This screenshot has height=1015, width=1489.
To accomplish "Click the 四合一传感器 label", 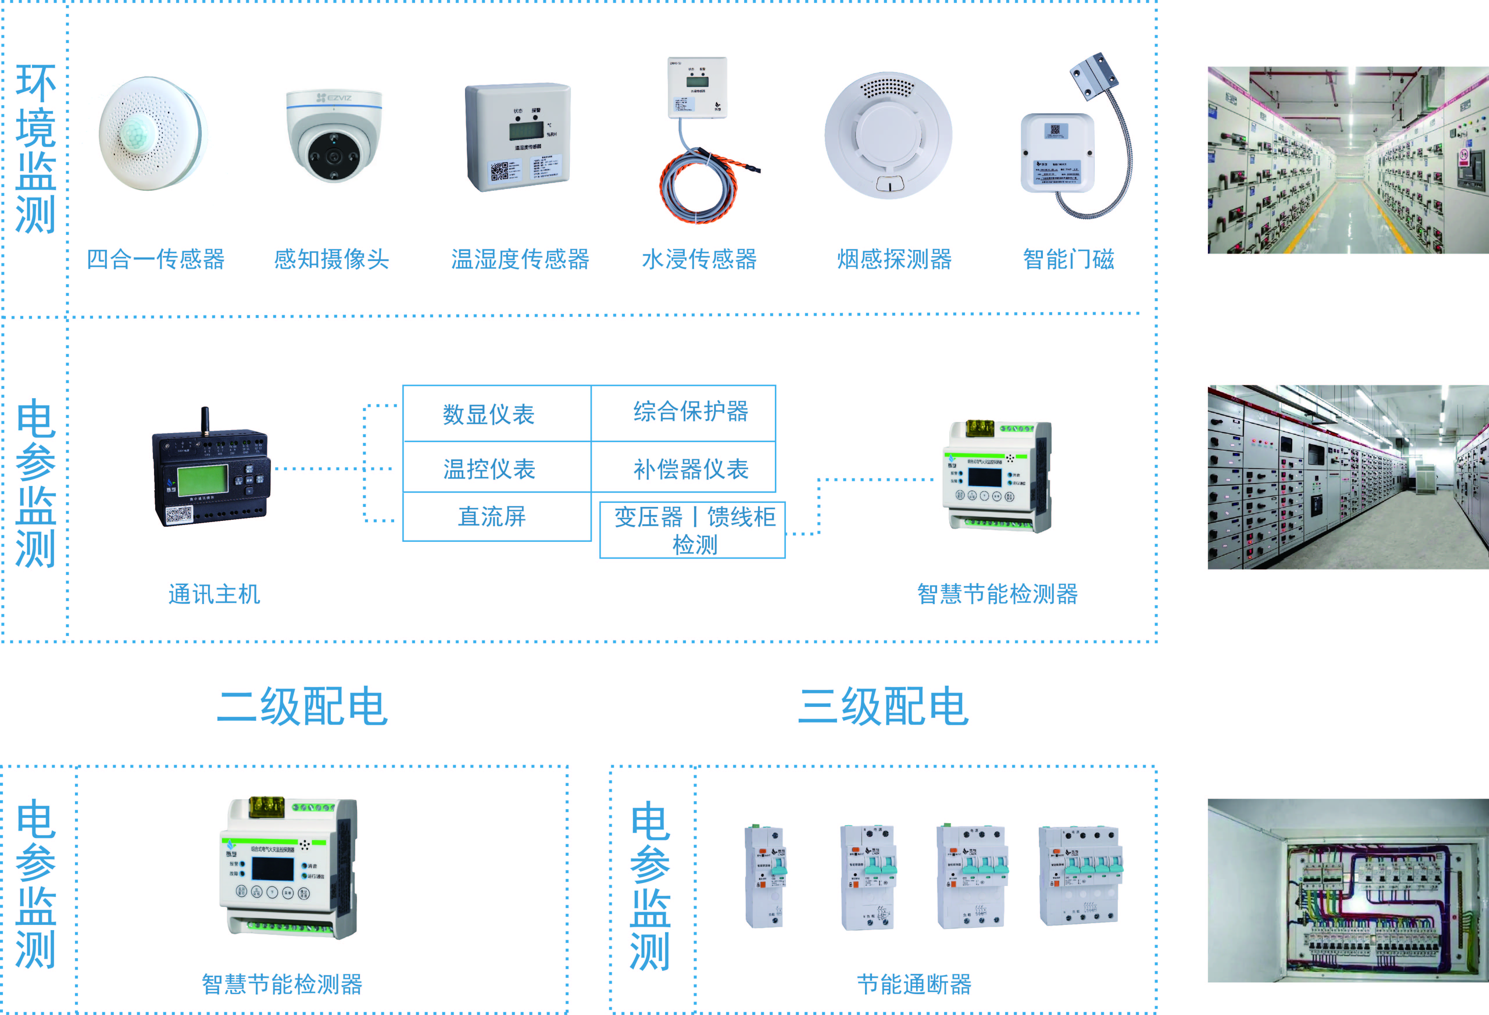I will [156, 260].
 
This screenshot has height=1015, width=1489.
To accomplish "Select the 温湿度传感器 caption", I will [520, 260].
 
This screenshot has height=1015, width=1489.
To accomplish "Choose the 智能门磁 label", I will [1069, 260].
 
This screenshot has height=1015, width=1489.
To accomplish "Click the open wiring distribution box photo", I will [1347, 891].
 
